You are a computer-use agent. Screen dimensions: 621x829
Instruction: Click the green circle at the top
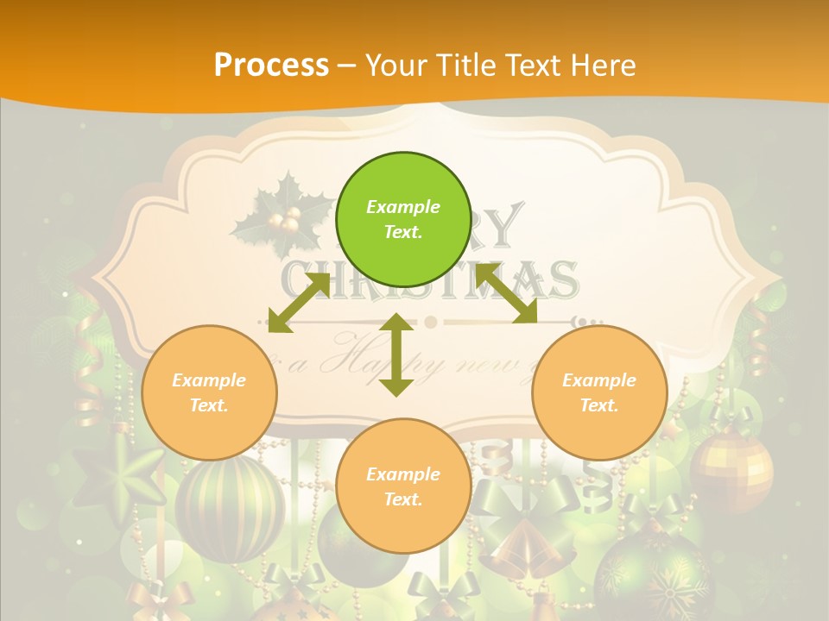[403, 220]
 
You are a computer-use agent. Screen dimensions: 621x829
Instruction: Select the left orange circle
[209, 392]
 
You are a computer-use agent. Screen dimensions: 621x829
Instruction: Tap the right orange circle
[599, 392]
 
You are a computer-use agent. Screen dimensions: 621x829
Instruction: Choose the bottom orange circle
[403, 486]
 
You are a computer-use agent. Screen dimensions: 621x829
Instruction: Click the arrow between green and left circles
[299, 303]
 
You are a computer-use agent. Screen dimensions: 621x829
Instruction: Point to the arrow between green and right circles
[506, 294]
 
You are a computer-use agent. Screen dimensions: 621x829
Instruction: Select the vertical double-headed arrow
[396, 354]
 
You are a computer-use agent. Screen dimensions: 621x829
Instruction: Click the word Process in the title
[271, 65]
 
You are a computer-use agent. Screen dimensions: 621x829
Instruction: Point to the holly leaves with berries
[281, 216]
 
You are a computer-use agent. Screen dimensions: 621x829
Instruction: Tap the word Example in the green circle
[403, 207]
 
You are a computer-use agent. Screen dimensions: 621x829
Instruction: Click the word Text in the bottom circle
[402, 499]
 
